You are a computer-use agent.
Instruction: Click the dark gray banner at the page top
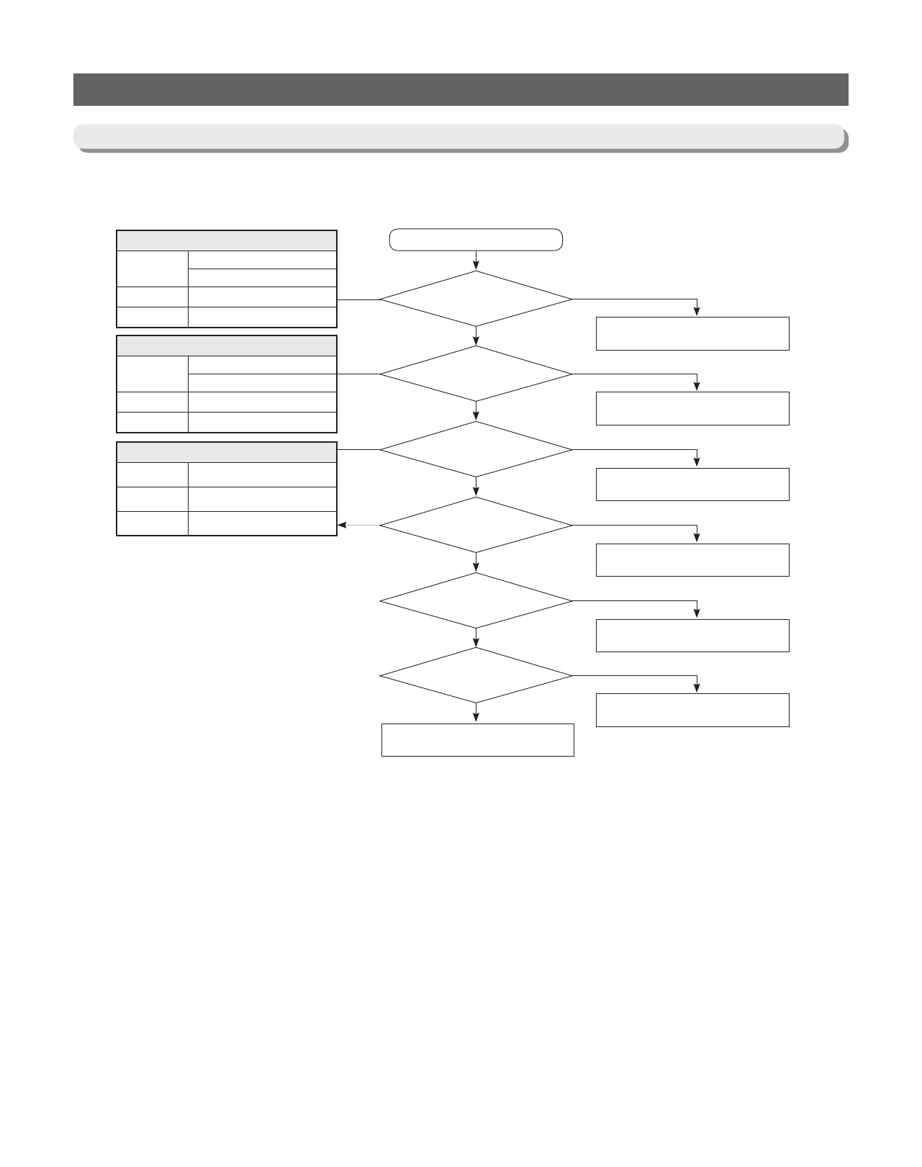(x=461, y=89)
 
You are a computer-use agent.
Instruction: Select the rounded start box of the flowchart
(x=476, y=240)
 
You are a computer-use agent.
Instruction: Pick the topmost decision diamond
(x=476, y=299)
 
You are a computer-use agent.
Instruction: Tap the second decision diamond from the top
(x=476, y=374)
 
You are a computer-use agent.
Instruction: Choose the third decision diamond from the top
(x=476, y=449)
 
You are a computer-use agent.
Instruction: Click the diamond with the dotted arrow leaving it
(x=476, y=525)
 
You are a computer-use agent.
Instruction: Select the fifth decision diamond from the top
(x=476, y=600)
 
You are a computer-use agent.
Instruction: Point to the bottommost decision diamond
(x=476, y=675)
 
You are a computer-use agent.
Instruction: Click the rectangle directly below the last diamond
(x=477, y=740)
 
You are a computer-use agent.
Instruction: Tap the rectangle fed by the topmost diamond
(x=692, y=333)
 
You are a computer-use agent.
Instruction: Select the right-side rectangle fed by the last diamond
(x=692, y=710)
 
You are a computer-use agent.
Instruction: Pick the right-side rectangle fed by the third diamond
(x=692, y=485)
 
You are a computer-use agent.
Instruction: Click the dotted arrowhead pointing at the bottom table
(x=342, y=526)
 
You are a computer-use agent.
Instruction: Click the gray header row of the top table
(x=227, y=240)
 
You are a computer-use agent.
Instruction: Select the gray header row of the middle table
(x=227, y=346)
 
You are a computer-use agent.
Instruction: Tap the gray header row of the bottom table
(x=227, y=452)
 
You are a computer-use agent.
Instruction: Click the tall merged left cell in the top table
(x=152, y=269)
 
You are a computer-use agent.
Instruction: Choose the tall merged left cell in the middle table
(x=152, y=374)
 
